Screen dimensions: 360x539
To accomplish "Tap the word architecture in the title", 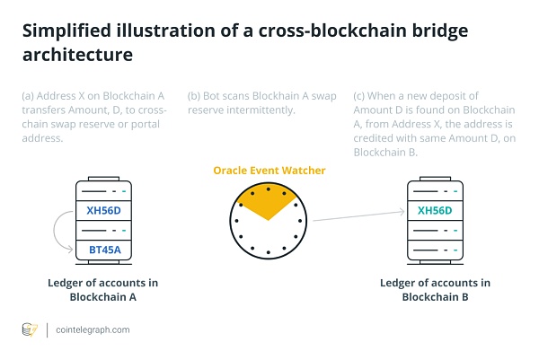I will (x=77, y=56).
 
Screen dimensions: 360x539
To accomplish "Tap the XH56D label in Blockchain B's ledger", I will (x=435, y=211).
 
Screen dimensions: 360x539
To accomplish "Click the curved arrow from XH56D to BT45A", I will (x=58, y=232).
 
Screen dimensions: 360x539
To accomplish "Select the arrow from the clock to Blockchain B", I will (x=356, y=216).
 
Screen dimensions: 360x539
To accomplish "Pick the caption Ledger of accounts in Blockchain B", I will (x=435, y=290).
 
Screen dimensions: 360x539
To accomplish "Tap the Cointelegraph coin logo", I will (x=30, y=329).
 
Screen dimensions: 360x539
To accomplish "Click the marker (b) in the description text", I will (x=194, y=95).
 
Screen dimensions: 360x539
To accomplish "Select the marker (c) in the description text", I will (x=360, y=95).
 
